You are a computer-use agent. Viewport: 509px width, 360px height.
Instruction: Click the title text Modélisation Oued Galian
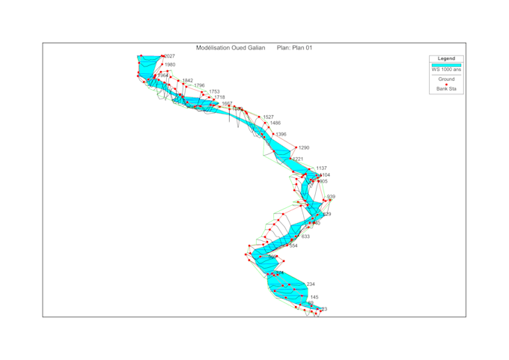[x=231, y=48]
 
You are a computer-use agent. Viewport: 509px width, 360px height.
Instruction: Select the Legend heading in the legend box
[x=446, y=58]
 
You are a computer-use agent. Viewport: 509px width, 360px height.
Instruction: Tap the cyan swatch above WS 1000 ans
[x=446, y=65]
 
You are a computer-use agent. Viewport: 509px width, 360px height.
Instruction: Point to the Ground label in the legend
[x=446, y=79]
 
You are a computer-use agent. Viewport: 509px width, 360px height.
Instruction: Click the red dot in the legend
[x=446, y=84]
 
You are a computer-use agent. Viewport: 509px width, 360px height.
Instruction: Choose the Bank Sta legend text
[x=446, y=89]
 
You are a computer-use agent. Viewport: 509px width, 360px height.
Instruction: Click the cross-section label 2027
[x=170, y=56]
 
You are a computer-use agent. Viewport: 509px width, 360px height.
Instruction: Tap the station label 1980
[x=170, y=65]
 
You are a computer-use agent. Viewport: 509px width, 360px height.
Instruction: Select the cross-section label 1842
[x=188, y=81]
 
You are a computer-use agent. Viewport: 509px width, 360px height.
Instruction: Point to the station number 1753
[x=214, y=92]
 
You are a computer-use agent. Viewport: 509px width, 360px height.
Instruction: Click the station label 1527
[x=269, y=117]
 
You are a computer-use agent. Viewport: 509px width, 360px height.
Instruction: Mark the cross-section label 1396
[x=281, y=135]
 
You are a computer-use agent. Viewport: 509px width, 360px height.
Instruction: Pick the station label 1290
[x=303, y=148]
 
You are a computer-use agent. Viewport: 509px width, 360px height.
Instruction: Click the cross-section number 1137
[x=321, y=168]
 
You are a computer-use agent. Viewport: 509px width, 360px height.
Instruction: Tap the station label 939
[x=331, y=197]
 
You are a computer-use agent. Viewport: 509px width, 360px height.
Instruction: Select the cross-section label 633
[x=305, y=237]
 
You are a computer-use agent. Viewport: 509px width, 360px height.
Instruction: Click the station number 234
[x=311, y=284]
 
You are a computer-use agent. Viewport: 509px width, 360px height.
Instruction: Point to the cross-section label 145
[x=314, y=297]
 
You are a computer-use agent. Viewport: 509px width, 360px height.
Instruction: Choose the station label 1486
[x=275, y=123]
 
